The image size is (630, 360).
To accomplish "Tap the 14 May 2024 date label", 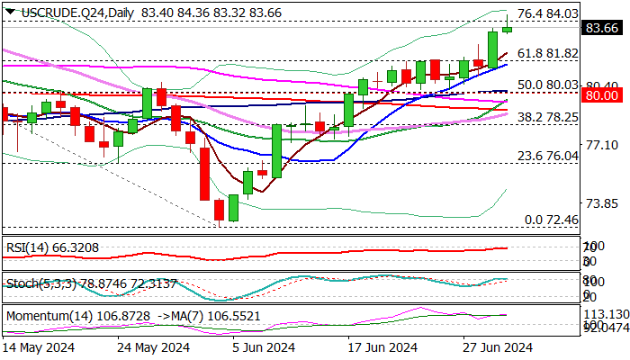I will click(x=38, y=347).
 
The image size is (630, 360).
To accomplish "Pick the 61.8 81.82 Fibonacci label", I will click(x=548, y=53).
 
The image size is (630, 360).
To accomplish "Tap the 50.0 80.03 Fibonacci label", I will click(x=548, y=85).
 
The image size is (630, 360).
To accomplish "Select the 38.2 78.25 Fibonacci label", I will click(x=548, y=117).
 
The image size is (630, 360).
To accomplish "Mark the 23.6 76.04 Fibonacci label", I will click(x=548, y=156).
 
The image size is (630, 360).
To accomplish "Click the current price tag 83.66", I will click(x=600, y=28).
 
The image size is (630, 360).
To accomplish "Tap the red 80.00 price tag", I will click(x=600, y=94).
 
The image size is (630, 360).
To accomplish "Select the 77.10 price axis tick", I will click(x=600, y=144).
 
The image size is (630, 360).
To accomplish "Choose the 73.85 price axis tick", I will click(x=600, y=203).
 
